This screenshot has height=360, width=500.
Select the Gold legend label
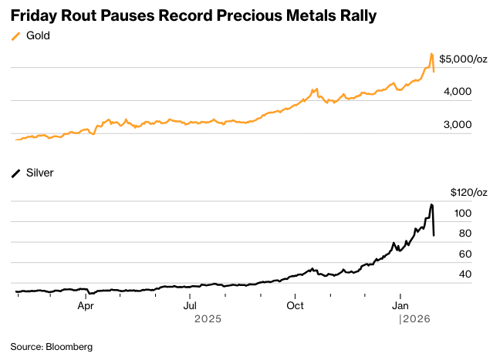coord(38,36)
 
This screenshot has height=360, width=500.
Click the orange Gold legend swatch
coord(15,36)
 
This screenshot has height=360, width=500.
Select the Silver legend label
coord(40,173)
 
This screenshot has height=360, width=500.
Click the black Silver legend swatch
coord(15,173)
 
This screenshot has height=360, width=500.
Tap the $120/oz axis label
coord(468,192)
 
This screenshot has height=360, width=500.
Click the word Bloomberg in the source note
coord(69,347)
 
